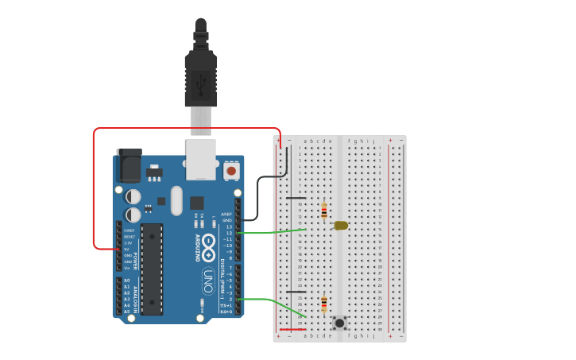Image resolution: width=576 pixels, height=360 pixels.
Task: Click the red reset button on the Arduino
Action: point(231,170)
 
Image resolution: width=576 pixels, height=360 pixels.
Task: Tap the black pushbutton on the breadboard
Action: point(340,323)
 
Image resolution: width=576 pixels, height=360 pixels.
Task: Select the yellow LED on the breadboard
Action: point(341,226)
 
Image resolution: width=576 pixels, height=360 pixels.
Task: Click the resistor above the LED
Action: point(324,211)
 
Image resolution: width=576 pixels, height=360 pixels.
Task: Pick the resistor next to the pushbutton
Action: point(324,304)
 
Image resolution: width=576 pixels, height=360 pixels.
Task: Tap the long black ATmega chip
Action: point(152,269)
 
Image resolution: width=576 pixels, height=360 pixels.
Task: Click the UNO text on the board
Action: point(208,280)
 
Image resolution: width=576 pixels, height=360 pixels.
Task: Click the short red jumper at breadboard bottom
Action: point(292,329)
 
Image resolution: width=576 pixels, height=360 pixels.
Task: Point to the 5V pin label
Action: point(127,249)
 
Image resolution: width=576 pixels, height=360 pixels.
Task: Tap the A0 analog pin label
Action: point(126,281)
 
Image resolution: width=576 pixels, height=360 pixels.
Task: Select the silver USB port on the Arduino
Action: point(201,158)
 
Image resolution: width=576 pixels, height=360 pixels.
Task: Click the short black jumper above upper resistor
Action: point(296,198)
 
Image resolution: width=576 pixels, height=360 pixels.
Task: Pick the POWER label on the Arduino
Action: point(135,261)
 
